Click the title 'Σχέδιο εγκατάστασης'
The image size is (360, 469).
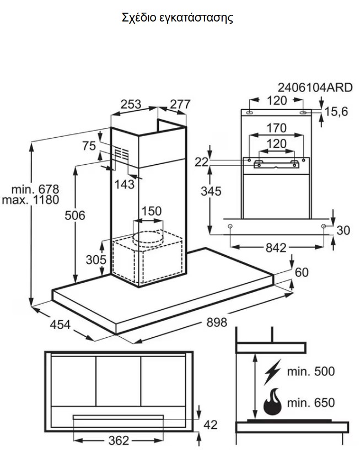177,18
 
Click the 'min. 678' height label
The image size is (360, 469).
36,188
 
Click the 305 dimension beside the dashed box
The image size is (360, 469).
95,258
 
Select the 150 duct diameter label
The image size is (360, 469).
152,212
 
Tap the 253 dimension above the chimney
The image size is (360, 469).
130,104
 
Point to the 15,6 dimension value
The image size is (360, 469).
336,112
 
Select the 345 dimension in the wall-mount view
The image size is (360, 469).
211,191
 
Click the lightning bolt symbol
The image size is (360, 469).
272,372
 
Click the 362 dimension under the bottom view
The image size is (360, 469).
118,440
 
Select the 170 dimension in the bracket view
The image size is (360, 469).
276,128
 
